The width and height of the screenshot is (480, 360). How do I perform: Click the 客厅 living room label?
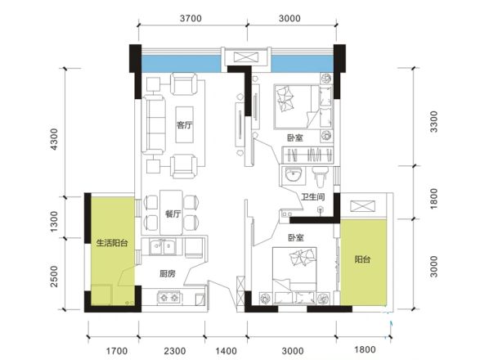(x=185, y=125)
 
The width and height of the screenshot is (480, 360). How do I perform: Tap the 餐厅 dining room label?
(x=173, y=214)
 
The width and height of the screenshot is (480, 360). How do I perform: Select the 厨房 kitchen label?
(x=168, y=273)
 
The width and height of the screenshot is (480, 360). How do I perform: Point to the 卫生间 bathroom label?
(x=312, y=196)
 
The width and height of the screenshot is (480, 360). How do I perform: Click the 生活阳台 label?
(x=112, y=243)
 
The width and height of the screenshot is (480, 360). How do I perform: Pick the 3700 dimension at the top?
(x=191, y=18)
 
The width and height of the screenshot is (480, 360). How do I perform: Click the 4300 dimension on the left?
(x=54, y=139)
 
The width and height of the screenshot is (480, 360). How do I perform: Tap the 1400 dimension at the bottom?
(x=226, y=351)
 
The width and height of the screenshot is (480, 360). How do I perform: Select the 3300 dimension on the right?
(x=433, y=122)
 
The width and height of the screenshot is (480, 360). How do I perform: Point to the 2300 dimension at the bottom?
(x=175, y=351)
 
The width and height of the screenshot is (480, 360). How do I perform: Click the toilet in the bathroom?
(x=320, y=177)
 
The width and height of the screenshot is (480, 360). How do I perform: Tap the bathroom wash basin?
(x=293, y=176)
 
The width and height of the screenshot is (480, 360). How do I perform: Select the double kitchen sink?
(x=162, y=247)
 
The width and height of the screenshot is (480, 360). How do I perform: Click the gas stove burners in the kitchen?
(x=169, y=298)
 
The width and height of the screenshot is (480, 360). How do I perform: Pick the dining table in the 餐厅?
(x=172, y=213)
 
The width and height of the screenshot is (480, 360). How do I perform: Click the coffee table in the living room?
(x=185, y=124)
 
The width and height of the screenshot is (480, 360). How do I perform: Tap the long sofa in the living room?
(x=153, y=124)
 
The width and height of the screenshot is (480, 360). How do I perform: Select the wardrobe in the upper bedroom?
(x=307, y=155)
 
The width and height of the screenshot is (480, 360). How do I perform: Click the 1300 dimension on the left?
(x=54, y=221)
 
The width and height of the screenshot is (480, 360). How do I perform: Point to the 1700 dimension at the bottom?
(x=117, y=351)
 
